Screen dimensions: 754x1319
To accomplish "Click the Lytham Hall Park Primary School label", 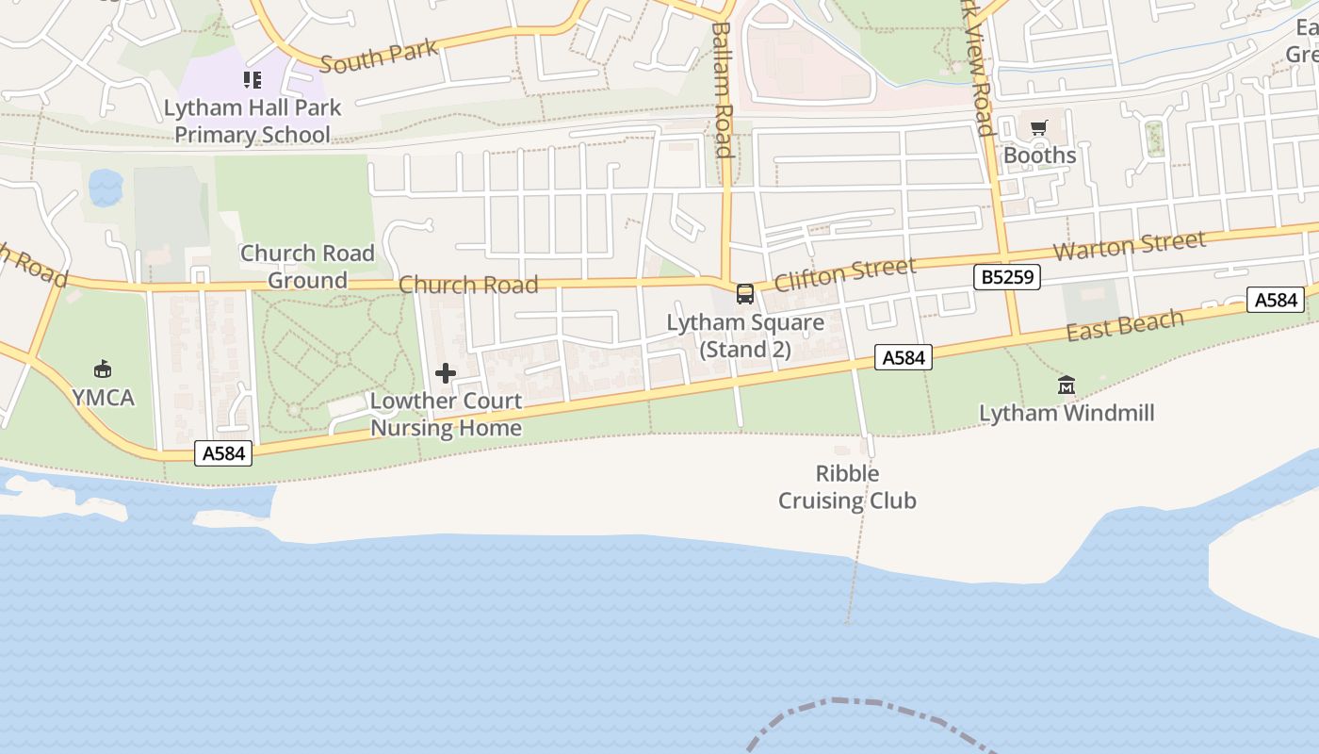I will pos(252,122).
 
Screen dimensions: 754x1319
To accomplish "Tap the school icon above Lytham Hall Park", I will pos(252,80).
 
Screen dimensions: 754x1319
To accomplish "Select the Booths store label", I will pos(1039,155).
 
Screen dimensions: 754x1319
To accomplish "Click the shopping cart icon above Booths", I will pos(1039,128).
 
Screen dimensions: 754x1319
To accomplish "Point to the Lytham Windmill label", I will pos(1067,413).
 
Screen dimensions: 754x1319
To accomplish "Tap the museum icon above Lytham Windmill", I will pos(1067,385).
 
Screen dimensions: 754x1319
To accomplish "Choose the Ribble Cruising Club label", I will pos(847,487).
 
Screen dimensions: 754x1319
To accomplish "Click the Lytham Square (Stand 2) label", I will pos(745,336).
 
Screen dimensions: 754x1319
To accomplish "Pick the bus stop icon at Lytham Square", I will pos(745,294).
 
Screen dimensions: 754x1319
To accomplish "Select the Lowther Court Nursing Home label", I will pos(446,414).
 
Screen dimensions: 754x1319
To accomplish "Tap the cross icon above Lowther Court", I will pos(446,373).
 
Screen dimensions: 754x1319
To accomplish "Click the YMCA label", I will pos(104,398).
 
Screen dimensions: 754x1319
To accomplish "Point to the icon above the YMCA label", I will pos(103,369).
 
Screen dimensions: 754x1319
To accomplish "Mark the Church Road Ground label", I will pos(307,267).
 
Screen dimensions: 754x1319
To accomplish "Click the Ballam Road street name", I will pos(722,90).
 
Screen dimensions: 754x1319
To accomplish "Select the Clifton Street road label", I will pos(844,274).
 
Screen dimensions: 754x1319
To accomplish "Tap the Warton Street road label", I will pos(1129,246).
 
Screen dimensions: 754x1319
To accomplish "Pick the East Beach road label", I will pos(1125,325).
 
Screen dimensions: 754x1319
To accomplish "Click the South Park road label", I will pos(379,57).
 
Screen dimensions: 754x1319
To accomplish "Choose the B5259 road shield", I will pos(1006,277).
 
